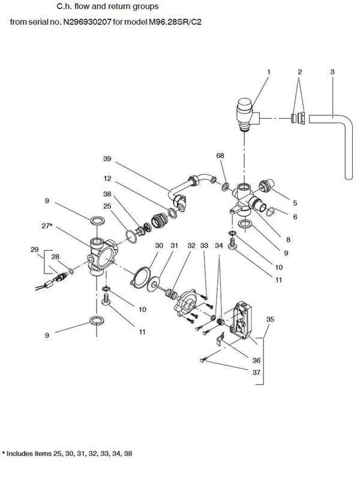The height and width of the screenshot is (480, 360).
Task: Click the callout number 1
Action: (269, 72)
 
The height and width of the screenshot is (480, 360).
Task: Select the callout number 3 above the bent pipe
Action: (332, 72)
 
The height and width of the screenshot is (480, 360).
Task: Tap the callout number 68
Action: (220, 156)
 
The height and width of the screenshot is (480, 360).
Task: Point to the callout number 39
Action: (107, 159)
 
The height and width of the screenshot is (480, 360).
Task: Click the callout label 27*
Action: (47, 226)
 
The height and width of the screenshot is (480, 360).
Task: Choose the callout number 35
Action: (270, 319)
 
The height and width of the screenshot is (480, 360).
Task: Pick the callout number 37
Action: (256, 372)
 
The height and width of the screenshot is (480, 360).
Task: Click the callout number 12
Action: (107, 178)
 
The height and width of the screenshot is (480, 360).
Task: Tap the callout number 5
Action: (295, 203)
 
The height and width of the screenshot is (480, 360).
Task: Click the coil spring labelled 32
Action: (172, 294)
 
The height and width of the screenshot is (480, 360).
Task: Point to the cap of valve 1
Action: (245, 106)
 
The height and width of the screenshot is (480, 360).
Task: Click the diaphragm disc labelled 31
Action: (153, 284)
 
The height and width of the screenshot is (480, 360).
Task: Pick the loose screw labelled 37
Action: (203, 361)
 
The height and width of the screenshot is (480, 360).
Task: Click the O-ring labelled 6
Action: (271, 211)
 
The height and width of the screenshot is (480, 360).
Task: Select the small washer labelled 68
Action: (226, 186)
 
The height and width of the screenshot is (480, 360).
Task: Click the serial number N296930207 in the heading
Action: (87, 22)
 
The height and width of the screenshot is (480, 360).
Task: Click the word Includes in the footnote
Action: (19, 454)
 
